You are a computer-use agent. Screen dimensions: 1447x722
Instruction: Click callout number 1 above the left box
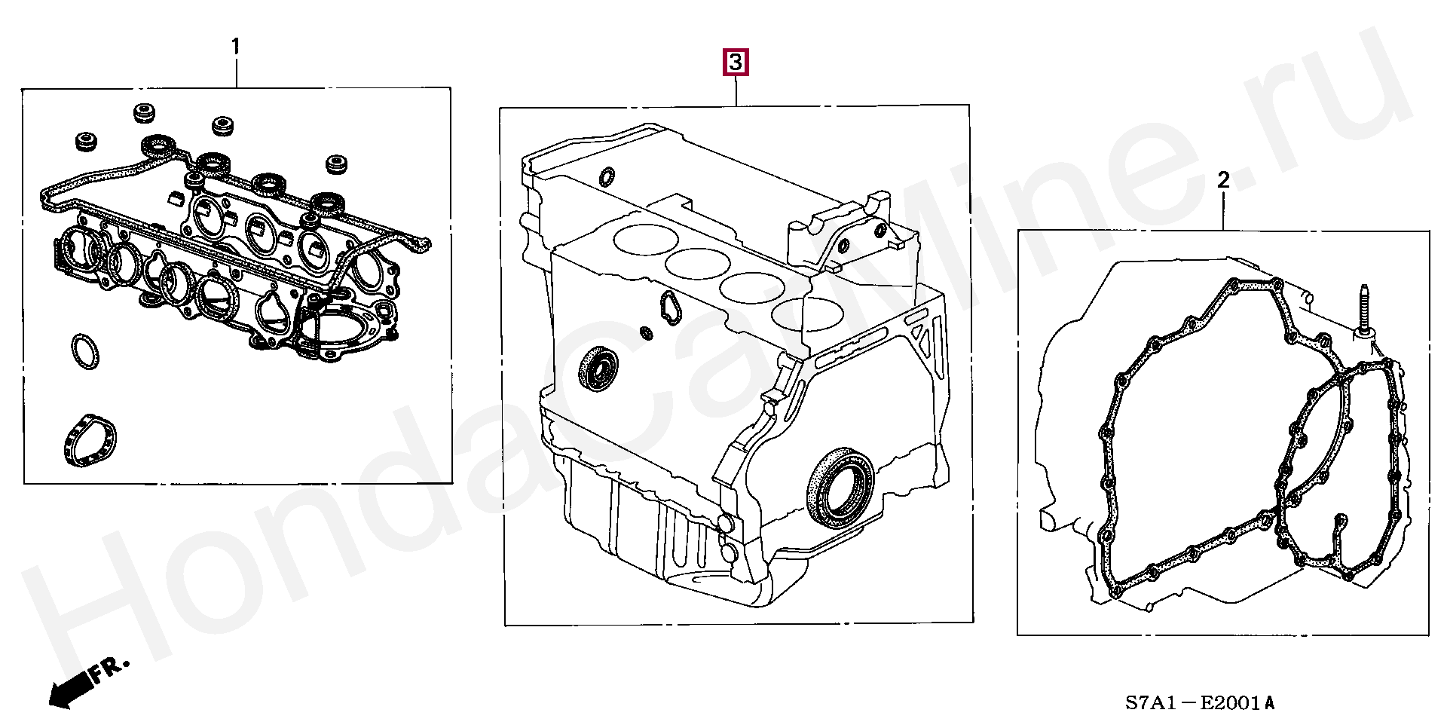[235, 47]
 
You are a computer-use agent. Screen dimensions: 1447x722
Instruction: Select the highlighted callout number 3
[736, 62]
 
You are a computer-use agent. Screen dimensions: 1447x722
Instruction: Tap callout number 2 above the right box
[1223, 180]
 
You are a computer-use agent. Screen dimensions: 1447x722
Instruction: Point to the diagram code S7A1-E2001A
[1201, 703]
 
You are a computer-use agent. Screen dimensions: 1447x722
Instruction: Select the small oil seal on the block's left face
[598, 369]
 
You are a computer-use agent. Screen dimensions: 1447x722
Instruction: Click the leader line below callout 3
[736, 90]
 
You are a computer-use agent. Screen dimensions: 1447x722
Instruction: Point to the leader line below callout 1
[237, 73]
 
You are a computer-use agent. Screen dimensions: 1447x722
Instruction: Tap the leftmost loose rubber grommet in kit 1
[86, 142]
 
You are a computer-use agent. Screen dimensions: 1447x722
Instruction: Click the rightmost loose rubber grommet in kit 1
[335, 164]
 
